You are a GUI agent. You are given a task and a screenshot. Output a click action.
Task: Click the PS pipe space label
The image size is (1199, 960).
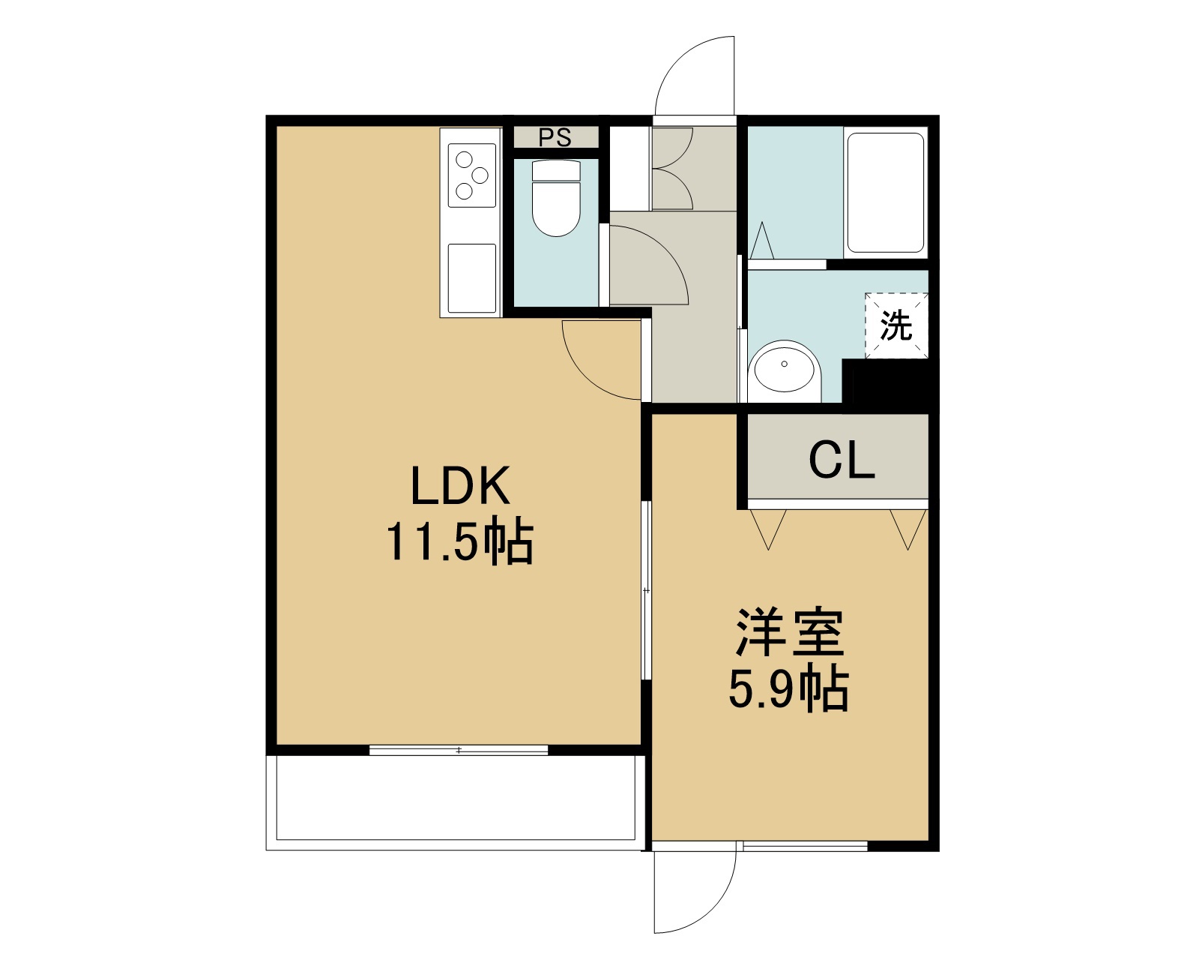pyautogui.click(x=555, y=138)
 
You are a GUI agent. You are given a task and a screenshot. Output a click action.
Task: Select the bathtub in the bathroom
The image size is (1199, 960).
pyautogui.click(x=885, y=193)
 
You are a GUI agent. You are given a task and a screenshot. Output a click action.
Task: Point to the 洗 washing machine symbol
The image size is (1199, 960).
pyautogui.click(x=896, y=325)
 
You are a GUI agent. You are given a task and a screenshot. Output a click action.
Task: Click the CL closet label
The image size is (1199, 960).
pyautogui.click(x=842, y=460)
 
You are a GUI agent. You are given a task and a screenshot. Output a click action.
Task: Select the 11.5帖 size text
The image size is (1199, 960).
pyautogui.click(x=459, y=541)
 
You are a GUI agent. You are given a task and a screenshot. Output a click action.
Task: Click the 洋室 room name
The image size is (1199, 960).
pyautogui.click(x=790, y=632)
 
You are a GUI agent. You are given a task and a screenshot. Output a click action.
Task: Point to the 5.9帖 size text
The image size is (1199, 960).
pyautogui.click(x=789, y=690)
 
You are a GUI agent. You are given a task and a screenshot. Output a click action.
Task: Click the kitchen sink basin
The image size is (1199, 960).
pyautogui.click(x=472, y=278)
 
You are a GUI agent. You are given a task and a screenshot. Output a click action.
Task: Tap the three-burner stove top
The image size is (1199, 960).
pyautogui.click(x=472, y=175)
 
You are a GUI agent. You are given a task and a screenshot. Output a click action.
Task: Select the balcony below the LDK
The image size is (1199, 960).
pyautogui.click(x=456, y=802)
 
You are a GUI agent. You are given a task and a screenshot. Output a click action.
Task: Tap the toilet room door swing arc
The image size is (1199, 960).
pyautogui.click(x=670, y=248)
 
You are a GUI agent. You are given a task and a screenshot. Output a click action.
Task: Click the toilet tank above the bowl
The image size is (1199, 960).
pyautogui.click(x=556, y=171)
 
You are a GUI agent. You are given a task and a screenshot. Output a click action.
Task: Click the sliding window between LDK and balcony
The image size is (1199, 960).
pyautogui.click(x=459, y=750)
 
